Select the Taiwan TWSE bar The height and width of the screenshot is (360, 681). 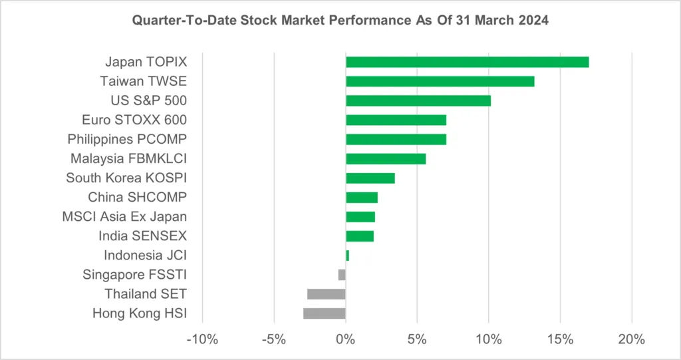[x=440, y=82]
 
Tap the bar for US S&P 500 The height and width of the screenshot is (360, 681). [x=418, y=101]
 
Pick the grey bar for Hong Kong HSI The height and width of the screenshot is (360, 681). [x=325, y=313]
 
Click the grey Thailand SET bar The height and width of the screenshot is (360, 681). [x=327, y=294]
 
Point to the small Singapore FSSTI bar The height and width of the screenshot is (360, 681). [x=342, y=275]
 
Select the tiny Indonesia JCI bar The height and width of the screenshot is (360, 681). [x=347, y=256]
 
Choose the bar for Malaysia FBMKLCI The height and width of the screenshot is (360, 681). [x=386, y=159]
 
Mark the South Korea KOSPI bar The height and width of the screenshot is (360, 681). [x=370, y=178]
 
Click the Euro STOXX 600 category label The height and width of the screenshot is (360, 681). [x=134, y=120]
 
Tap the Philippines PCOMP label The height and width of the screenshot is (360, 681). [x=127, y=140]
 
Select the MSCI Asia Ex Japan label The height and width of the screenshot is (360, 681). [x=124, y=217]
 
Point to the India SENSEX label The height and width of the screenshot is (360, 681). [x=142, y=236]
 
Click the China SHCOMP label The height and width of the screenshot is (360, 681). [x=137, y=198]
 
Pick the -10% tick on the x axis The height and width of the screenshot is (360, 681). [x=202, y=339]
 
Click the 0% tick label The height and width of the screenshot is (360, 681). [x=345, y=339]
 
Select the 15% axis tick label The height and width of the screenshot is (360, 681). [x=560, y=339]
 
